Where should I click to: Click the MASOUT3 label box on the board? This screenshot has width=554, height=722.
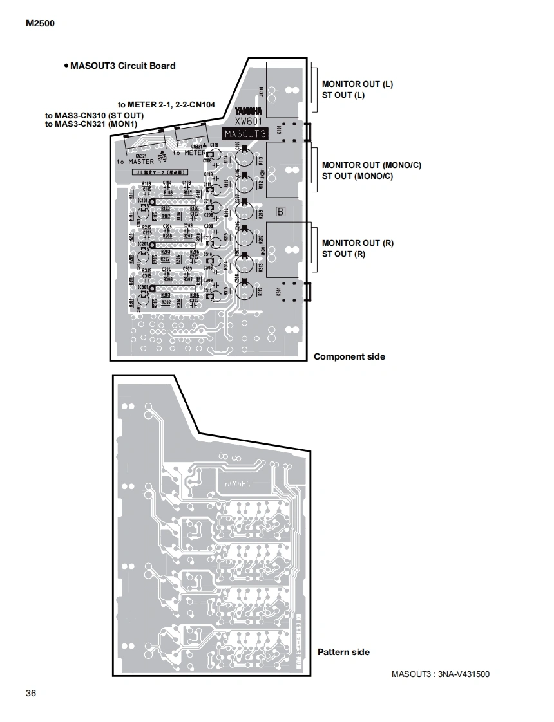[x=244, y=134]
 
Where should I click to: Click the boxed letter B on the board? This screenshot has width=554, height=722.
[x=280, y=210]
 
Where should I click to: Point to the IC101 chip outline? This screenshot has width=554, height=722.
[x=173, y=203]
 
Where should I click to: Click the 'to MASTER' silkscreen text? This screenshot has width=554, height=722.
[x=136, y=162]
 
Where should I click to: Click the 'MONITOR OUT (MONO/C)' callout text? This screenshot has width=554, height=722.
[x=371, y=165]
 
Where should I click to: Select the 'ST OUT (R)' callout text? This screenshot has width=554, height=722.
[x=343, y=254]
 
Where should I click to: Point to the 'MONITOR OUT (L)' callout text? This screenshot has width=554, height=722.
[x=357, y=84]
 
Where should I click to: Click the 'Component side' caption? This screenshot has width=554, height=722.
[x=349, y=356]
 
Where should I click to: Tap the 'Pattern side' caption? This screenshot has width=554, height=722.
[x=343, y=652]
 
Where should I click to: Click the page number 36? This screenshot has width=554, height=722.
[x=31, y=693]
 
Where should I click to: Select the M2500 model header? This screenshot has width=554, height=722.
[x=40, y=24]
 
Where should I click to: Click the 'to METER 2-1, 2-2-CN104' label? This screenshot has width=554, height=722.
[x=166, y=104]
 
